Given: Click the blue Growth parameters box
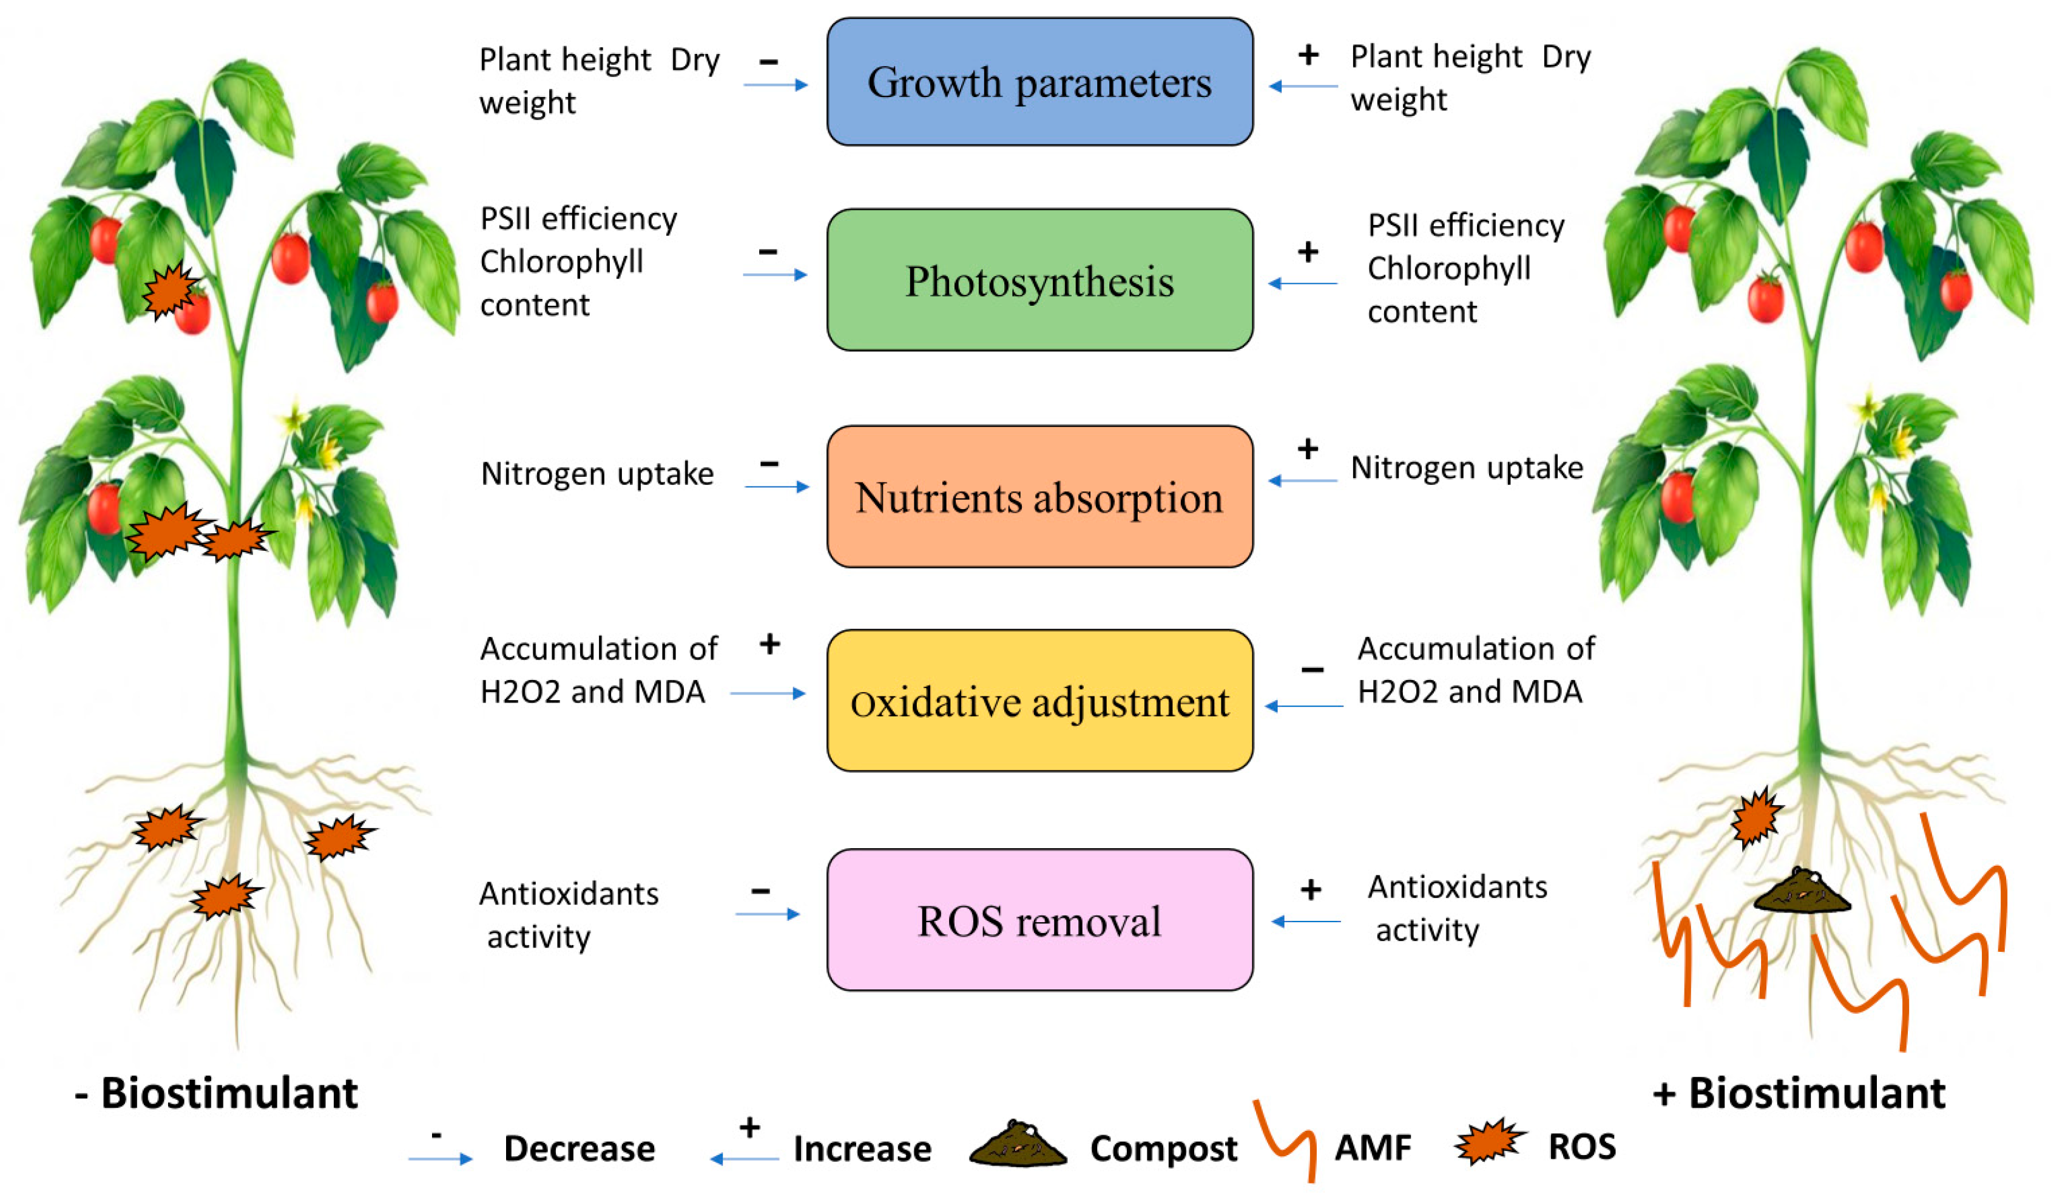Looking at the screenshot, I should click(x=1039, y=83).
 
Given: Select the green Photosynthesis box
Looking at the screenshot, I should click(x=1039, y=280).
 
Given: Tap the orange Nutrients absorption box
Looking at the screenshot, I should click(x=1039, y=496).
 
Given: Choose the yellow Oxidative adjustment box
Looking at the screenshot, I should click(x=1039, y=701).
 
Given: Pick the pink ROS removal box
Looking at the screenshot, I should click(x=1039, y=920).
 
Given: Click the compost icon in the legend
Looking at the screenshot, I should click(x=1018, y=1145).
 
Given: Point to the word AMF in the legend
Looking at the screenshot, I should click(x=1372, y=1148).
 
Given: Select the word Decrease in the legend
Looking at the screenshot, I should click(x=579, y=1148).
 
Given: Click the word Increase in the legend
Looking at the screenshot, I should click(x=862, y=1148).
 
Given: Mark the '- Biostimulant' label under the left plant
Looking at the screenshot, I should click(x=217, y=1093).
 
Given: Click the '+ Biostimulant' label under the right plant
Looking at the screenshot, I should click(x=1800, y=1093).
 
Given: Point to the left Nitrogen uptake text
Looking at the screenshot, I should click(x=597, y=474).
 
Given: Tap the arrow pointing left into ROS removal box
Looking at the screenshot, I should click(x=1305, y=922).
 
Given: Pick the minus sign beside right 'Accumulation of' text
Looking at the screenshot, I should click(x=1312, y=670).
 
